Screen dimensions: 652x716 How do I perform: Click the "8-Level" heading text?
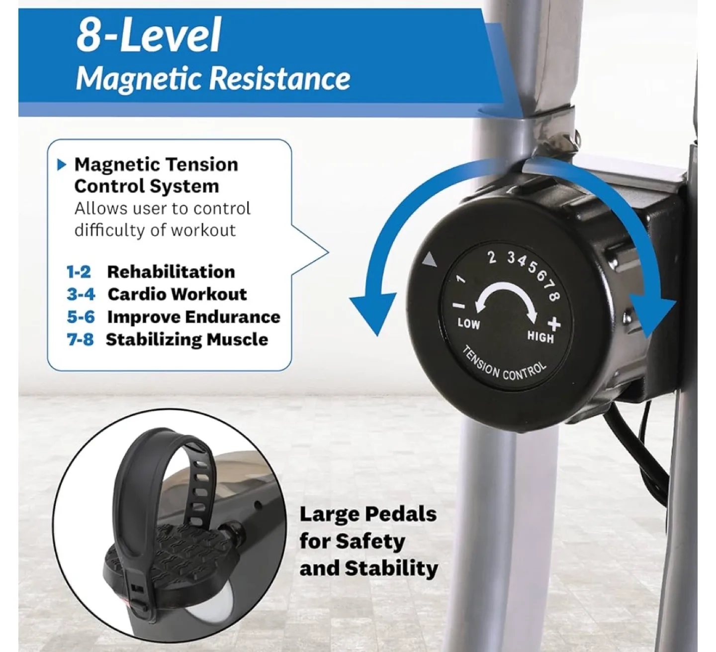pyautogui.click(x=149, y=35)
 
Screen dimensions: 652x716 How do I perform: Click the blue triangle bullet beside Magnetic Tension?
pyautogui.click(x=62, y=165)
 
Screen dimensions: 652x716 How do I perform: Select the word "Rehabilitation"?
pyautogui.click(x=171, y=272)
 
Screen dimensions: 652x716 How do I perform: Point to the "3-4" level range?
pyautogui.click(x=81, y=294)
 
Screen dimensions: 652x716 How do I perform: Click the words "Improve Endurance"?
pyautogui.click(x=193, y=317)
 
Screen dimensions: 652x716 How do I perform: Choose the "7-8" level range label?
pyautogui.click(x=80, y=340)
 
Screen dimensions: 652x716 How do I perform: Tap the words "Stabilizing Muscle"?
pyautogui.click(x=187, y=340)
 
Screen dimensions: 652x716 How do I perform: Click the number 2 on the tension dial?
pyautogui.click(x=492, y=257)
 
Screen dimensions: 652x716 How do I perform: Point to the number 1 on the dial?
pyautogui.click(x=461, y=279)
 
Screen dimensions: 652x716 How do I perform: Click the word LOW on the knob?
pyautogui.click(x=468, y=324)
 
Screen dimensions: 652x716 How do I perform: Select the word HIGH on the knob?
pyautogui.click(x=540, y=337)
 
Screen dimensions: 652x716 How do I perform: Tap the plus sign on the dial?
pyautogui.click(x=554, y=324)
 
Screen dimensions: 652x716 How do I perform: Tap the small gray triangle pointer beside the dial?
pyautogui.click(x=429, y=260)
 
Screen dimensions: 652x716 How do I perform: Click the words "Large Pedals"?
pyautogui.click(x=368, y=514)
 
